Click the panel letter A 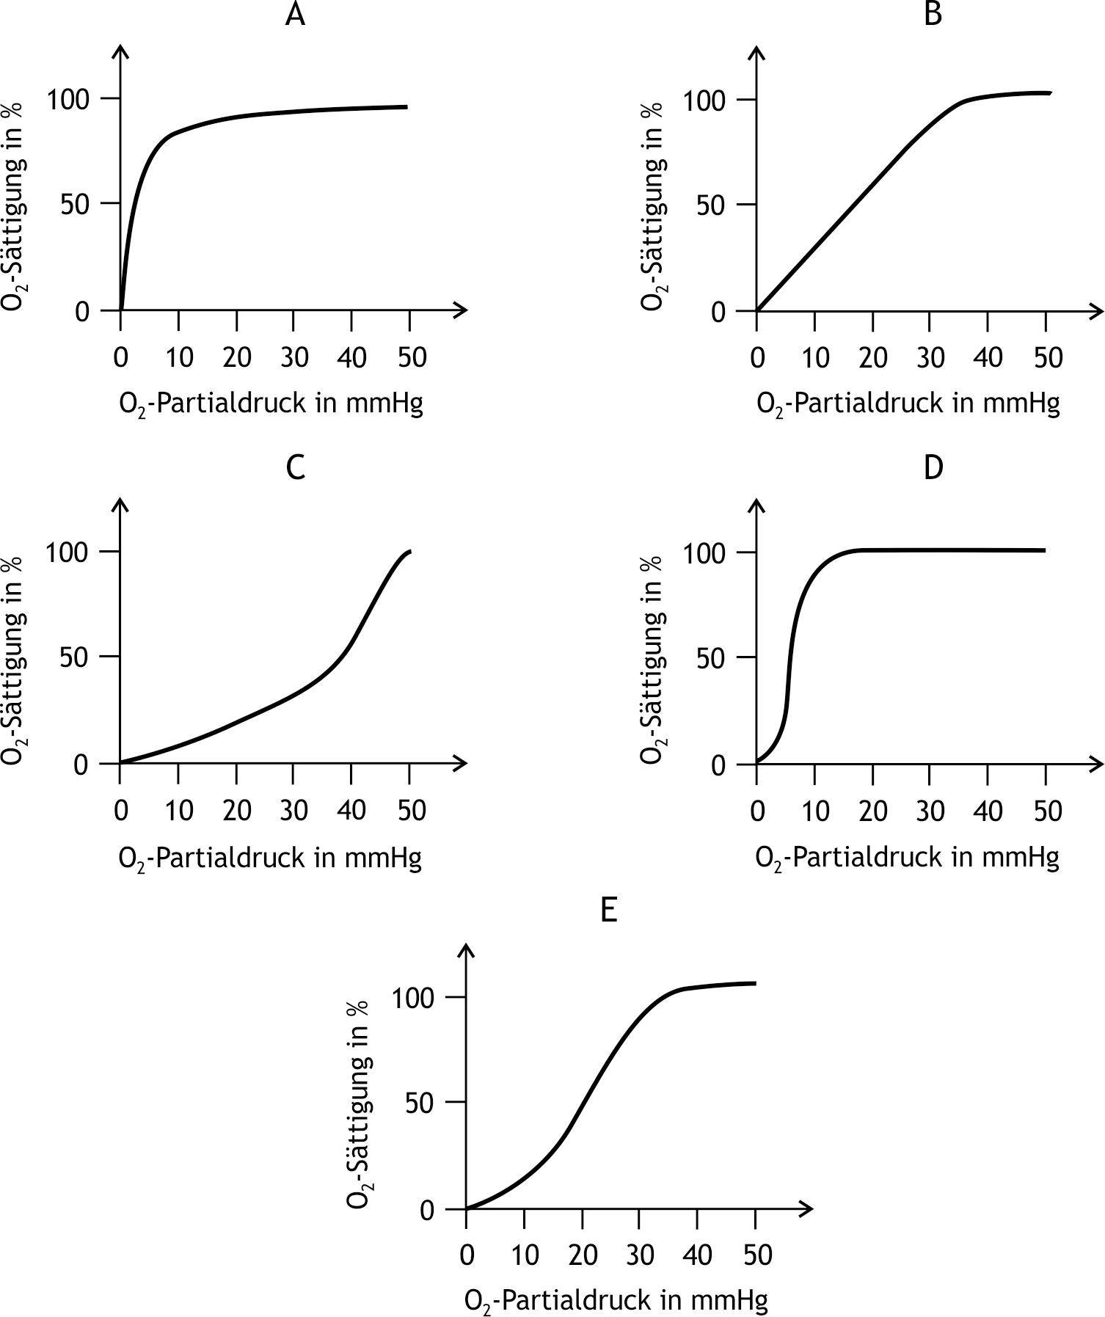[295, 15]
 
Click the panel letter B [933, 15]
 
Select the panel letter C [295, 467]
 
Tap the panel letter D [933, 467]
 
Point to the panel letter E [608, 911]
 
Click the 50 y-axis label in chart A [74, 204]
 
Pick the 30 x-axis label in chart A [293, 357]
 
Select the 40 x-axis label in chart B [988, 357]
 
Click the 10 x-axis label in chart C [178, 811]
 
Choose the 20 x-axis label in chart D [872, 811]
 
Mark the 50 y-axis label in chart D [710, 657]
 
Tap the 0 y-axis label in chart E [428, 1211]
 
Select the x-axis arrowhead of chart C [462, 764]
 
